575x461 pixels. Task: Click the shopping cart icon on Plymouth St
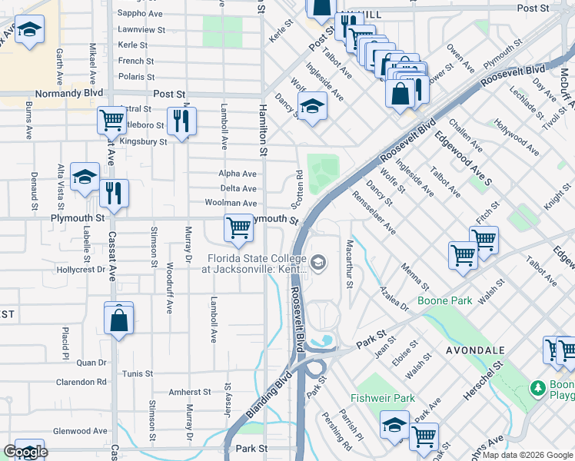click(238, 228)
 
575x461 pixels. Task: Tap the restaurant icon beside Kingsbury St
click(181, 121)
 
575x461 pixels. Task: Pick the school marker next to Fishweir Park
click(394, 425)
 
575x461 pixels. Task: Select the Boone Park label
click(444, 301)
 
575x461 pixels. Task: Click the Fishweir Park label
click(383, 398)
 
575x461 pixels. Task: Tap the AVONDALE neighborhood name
click(474, 350)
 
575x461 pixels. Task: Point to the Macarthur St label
click(350, 264)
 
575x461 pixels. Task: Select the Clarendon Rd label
click(81, 382)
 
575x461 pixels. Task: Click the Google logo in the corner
click(25, 453)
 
